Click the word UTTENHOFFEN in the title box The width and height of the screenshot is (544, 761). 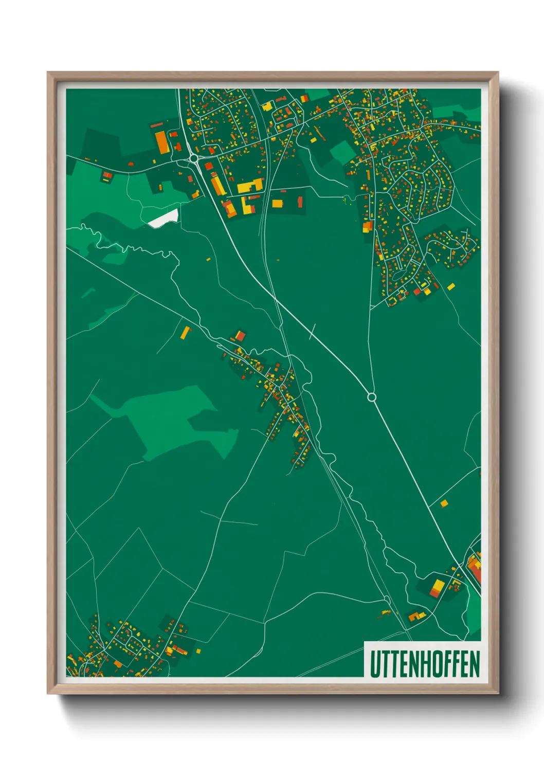click(x=424, y=664)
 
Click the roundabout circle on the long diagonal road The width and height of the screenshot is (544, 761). click(x=372, y=397)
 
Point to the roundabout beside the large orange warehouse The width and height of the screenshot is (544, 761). click(x=193, y=158)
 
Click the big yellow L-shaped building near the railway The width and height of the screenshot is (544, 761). click(x=249, y=186)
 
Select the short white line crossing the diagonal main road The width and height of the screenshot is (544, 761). click(x=312, y=332)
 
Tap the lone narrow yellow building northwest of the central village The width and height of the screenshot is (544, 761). click(x=185, y=333)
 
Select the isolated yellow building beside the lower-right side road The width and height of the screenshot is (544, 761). click(x=444, y=503)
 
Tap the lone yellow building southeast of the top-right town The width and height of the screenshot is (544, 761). click(x=451, y=286)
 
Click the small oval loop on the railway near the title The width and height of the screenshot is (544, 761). click(x=387, y=599)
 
